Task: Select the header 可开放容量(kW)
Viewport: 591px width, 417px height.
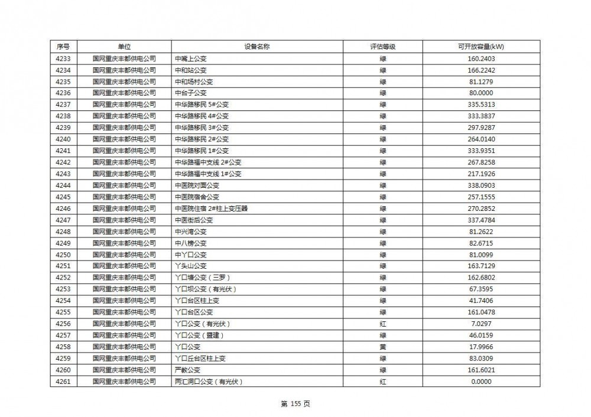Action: tap(480, 47)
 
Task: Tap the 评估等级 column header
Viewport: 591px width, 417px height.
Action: tap(382, 47)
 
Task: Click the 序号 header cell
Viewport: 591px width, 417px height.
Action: tap(63, 47)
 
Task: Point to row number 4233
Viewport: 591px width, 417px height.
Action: tap(63, 58)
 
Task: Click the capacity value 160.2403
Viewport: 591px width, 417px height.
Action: tap(480, 58)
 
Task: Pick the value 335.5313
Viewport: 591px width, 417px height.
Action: tap(480, 105)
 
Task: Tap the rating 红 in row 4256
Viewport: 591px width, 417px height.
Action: tap(382, 324)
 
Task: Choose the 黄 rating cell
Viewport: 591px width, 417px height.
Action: tap(382, 347)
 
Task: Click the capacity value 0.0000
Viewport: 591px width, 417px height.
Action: tap(480, 382)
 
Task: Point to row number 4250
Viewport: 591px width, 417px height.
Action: tap(63, 255)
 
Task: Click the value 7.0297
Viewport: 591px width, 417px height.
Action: tap(480, 324)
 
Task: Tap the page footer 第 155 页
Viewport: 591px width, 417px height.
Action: tap(295, 404)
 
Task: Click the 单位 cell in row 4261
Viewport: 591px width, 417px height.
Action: tap(124, 382)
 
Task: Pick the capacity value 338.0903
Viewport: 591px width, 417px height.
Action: tap(480, 185)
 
